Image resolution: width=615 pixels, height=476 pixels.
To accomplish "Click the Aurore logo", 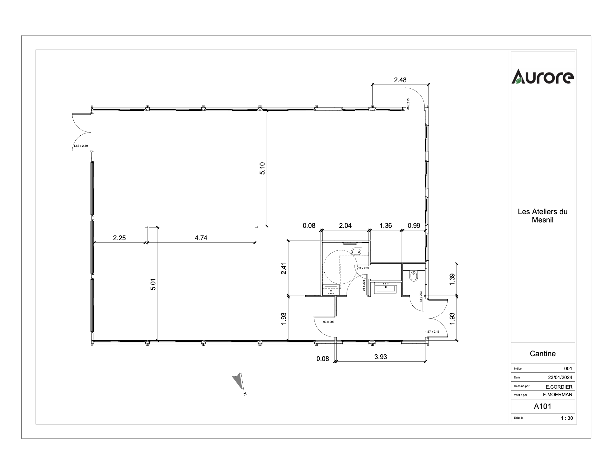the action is (543, 77).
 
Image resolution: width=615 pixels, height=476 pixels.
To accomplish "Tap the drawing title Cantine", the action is (543, 354).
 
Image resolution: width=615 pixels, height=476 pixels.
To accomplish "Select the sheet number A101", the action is (543, 406).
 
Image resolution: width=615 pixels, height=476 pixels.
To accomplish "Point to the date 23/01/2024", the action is (560, 377).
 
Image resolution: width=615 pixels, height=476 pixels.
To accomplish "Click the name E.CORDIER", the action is (559, 387).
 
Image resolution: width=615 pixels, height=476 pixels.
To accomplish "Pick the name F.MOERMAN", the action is (558, 395).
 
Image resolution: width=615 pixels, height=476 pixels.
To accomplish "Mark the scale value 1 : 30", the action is (567, 418).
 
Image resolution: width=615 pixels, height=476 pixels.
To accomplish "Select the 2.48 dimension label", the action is (400, 80).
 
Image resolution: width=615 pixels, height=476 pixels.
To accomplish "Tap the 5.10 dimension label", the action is (262, 168).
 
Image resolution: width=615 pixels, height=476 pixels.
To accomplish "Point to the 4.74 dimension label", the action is (201, 238).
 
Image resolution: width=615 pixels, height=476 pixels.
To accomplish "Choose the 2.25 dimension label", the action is (119, 238).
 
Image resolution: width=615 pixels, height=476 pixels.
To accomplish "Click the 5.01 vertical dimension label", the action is (153, 284).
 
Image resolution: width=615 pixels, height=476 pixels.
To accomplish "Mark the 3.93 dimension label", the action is (381, 357).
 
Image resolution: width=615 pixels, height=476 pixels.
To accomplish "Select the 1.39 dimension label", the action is (452, 279).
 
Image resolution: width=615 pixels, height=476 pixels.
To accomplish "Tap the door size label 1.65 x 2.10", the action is (80, 146).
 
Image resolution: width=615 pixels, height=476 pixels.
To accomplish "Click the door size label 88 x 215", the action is (409, 104).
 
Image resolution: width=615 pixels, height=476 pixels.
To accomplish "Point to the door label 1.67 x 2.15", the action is (432, 332).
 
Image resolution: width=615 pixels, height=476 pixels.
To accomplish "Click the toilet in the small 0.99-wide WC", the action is (413, 276).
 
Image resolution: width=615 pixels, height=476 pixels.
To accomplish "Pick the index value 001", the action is (568, 369).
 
